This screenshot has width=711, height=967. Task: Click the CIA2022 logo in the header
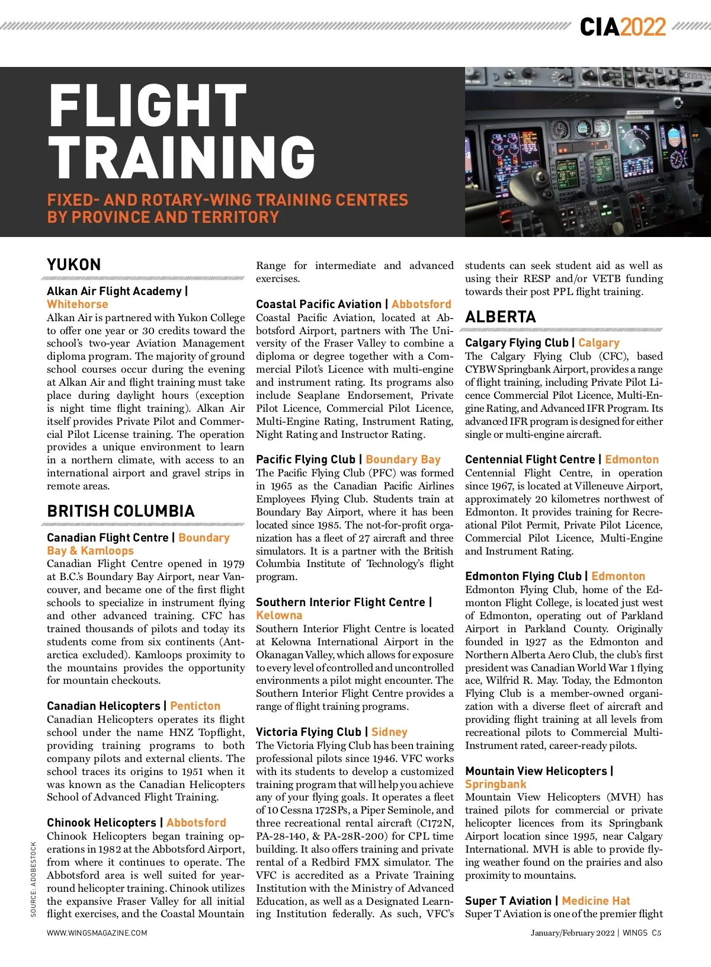point(623,27)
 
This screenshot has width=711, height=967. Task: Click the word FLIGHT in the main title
point(147,105)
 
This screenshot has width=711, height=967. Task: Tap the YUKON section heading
point(74,264)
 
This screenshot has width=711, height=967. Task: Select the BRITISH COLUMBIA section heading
point(121,511)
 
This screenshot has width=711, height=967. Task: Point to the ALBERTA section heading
point(501,316)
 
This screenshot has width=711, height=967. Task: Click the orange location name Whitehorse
point(78,304)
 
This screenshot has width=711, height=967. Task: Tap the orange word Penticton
point(195,706)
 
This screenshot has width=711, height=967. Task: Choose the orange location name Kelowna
point(279,615)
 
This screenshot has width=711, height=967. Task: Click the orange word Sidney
point(389,732)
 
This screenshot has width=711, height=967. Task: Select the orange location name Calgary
point(598,342)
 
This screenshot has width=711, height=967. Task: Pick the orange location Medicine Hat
point(596,901)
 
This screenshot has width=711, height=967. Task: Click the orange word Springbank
point(496,784)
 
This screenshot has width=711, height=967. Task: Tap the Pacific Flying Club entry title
point(305,459)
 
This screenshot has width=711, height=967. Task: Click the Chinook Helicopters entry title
point(101,822)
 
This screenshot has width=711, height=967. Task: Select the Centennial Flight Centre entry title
point(530,459)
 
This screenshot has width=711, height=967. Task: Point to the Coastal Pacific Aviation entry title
point(319,304)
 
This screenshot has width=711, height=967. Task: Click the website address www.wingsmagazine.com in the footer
point(97,933)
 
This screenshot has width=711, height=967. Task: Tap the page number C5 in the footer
point(656,933)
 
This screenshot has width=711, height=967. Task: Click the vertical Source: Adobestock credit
point(34,879)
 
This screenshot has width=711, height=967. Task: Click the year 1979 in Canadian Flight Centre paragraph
point(233,563)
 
